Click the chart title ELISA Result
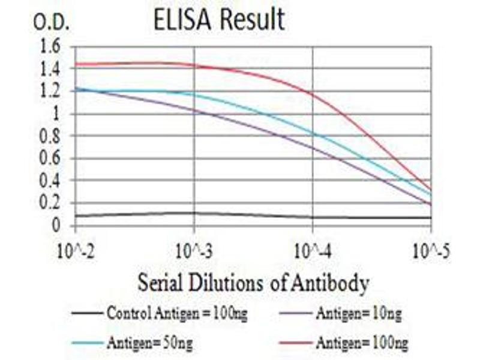219,19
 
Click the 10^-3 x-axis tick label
194,250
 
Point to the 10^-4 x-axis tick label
313,250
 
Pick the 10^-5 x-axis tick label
430,250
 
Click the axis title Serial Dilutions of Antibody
253,283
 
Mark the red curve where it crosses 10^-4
313,92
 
